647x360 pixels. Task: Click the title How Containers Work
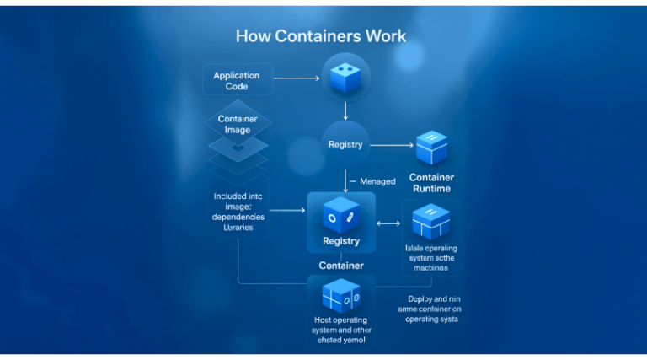coord(320,36)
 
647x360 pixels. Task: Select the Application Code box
coord(237,80)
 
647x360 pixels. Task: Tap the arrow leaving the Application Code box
coord(297,78)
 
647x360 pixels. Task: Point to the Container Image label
coord(238,124)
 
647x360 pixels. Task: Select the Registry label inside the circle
coord(345,144)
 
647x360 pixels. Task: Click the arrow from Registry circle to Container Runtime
coord(390,145)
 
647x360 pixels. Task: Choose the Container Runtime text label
coord(431,183)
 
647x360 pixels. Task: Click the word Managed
coord(377,181)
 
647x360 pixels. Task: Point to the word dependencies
coord(238,217)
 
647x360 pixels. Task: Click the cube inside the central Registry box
coord(340,216)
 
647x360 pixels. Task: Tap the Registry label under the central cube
coord(340,241)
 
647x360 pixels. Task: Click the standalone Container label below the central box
coord(341,266)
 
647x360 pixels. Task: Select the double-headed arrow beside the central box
coord(388,223)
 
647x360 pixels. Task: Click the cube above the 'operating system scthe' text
coord(431,221)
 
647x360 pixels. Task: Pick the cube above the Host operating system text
coord(340,295)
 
